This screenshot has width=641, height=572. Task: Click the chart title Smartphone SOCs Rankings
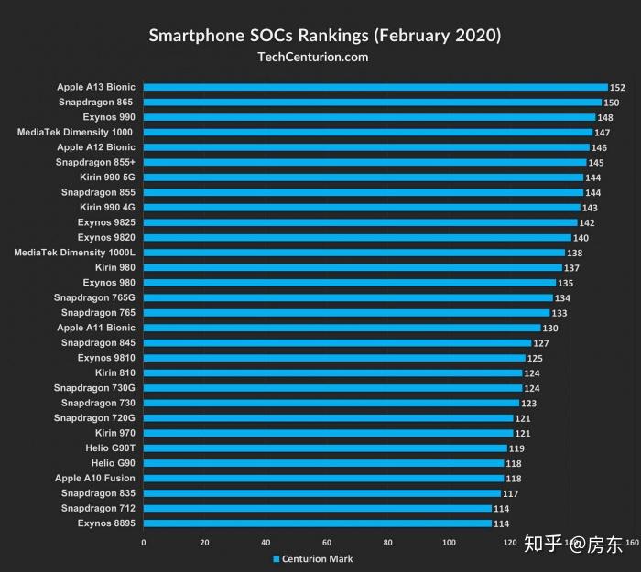[258, 36]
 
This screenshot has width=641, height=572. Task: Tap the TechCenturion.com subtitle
[313, 57]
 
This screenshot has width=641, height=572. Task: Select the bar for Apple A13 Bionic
[375, 87]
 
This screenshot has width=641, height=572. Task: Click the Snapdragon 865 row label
[95, 103]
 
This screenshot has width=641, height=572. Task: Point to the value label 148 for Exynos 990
[605, 118]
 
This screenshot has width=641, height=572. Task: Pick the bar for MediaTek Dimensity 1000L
[354, 253]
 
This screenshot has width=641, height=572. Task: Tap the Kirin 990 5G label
[107, 178]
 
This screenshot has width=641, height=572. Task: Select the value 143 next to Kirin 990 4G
[590, 208]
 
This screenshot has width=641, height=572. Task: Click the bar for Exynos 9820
[357, 237]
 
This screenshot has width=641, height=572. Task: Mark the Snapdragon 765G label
[94, 297]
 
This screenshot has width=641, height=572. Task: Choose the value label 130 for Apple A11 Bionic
[550, 328]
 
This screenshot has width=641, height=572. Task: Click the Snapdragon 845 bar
[337, 343]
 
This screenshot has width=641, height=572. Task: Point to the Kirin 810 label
[114, 372]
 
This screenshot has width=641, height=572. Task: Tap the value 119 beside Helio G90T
[516, 448]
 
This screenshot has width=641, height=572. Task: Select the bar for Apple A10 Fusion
[324, 478]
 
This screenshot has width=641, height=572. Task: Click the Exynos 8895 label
[106, 523]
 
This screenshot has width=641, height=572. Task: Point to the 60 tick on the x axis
[327, 543]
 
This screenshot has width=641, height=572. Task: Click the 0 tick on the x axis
[144, 543]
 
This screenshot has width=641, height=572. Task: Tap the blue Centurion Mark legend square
[277, 559]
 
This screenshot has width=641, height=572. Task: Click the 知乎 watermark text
[543, 544]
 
